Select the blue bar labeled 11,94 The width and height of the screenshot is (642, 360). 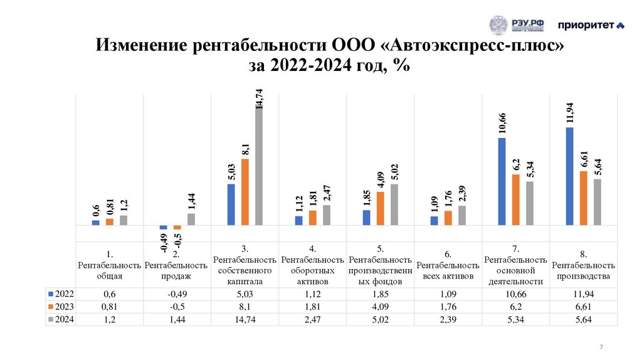(569, 176)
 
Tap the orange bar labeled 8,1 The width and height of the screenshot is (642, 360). (245, 191)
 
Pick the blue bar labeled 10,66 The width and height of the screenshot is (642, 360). (502, 181)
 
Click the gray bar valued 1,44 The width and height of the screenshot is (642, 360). (191, 219)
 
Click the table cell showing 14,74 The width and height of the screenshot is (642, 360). (245, 320)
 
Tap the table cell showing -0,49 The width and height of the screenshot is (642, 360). (177, 294)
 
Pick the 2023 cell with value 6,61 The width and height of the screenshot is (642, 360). (583, 307)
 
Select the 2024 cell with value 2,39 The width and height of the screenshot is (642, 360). (448, 320)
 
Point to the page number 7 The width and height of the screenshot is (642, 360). (601, 347)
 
